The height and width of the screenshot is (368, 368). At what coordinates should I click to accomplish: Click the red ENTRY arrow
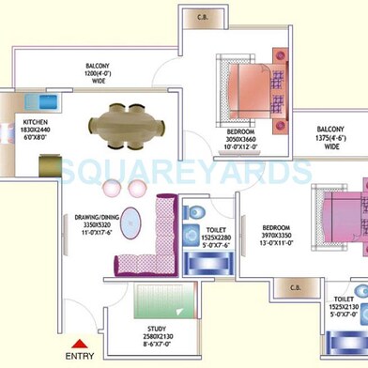(x=80, y=344)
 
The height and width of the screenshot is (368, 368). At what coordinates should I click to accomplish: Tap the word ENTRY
(x=80, y=358)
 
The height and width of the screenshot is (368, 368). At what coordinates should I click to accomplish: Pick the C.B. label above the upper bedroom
(x=205, y=15)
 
